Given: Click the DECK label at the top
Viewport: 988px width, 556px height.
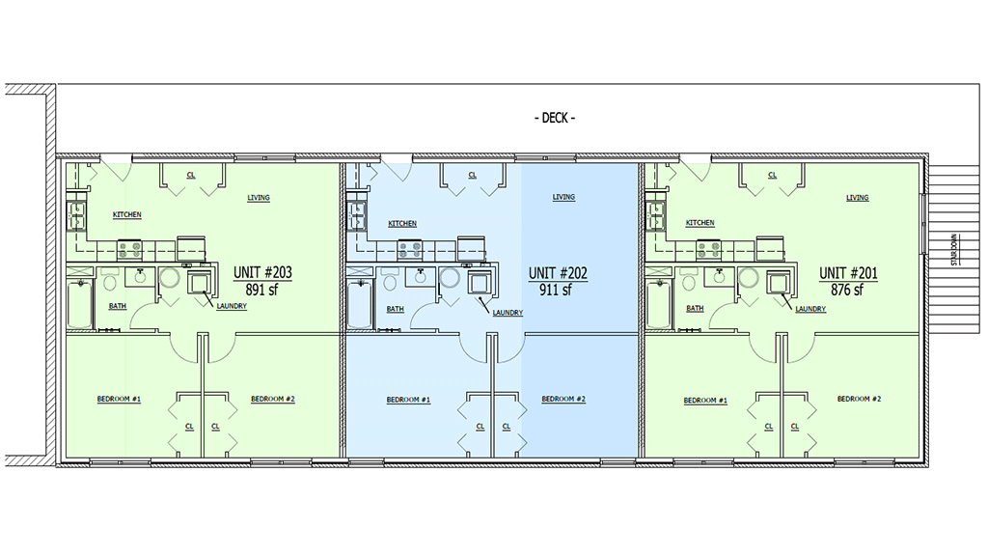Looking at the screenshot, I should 555,119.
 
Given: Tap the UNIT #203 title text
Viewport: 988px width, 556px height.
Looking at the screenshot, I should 261,273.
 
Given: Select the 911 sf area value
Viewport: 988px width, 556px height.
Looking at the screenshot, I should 556,289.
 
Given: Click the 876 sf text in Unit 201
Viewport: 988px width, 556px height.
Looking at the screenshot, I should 846,289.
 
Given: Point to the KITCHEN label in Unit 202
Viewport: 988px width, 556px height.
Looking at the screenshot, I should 402,224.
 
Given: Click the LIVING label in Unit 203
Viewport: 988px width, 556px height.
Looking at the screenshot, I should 258,198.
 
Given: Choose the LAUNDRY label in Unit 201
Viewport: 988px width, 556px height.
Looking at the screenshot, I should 810,309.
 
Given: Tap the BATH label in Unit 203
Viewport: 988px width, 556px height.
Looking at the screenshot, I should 117,306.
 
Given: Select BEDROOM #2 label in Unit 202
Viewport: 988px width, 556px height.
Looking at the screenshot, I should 563,400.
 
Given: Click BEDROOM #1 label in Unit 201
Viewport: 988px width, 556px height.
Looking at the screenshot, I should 704,401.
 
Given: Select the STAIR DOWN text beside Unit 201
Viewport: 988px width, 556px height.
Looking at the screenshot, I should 953,249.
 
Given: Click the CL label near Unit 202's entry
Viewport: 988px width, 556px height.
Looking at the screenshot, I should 473,176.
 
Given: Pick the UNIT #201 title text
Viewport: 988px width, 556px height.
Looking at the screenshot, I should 848,273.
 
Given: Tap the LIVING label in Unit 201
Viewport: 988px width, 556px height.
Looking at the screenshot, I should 857,198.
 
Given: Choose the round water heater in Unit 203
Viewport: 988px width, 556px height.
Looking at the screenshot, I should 170,280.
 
